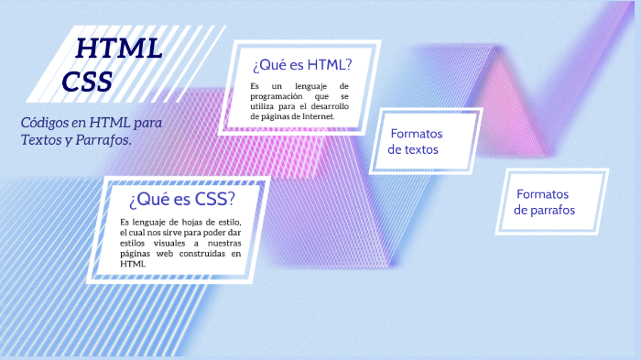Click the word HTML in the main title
(119, 49)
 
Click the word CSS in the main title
(88, 82)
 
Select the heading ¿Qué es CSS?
(182, 199)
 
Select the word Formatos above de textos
(417, 133)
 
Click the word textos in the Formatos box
(421, 149)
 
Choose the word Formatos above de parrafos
(542, 194)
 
